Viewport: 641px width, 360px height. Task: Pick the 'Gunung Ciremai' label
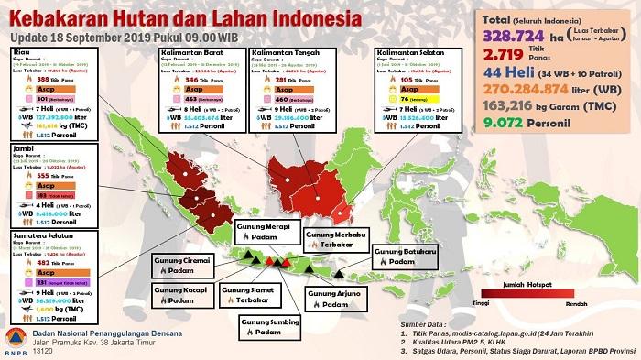point(184,261)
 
